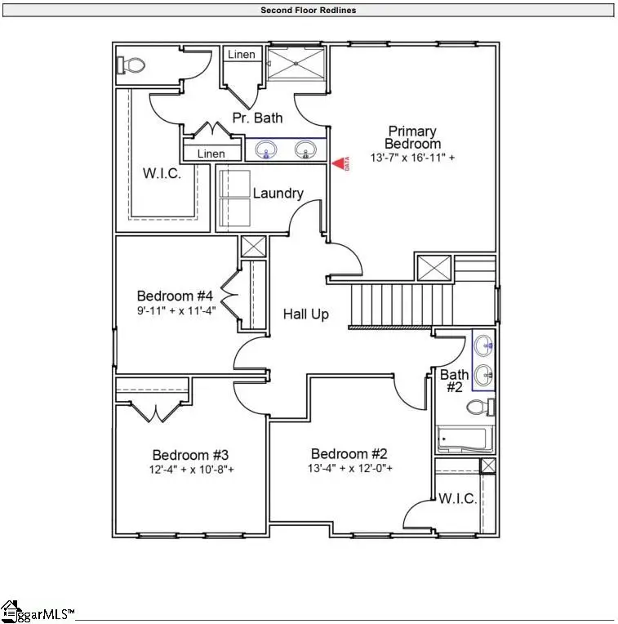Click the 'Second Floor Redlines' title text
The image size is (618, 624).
pos(308,11)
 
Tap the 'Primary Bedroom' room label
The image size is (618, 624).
pos(411,137)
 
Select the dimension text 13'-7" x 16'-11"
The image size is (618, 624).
pos(411,158)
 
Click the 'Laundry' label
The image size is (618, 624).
pos(278,194)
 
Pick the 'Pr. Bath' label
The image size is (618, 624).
pos(257,118)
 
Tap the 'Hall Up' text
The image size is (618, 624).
pos(306,314)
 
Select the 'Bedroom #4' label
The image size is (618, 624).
pos(175,296)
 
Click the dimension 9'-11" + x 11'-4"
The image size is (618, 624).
pos(175,310)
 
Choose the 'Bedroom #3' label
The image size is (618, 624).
pos(189,455)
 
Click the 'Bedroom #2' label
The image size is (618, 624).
pos(349,454)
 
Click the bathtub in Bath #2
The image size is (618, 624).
pos(463,439)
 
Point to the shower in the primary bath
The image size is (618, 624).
pos(296,63)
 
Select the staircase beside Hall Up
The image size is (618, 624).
pos(400,304)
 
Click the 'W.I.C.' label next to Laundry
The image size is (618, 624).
pos(161,173)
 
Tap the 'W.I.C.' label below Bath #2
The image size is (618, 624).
pos(457,498)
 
